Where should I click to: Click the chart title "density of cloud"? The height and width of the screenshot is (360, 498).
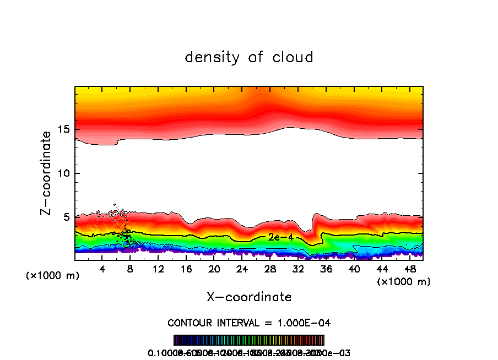point(249,57)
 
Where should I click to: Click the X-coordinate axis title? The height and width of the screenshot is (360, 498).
point(249,297)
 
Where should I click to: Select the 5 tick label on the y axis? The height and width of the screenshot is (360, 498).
point(67,217)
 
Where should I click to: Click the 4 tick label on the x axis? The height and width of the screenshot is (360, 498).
point(102,269)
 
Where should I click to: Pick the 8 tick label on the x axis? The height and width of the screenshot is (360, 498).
point(131,269)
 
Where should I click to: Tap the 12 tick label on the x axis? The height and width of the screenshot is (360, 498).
point(159,269)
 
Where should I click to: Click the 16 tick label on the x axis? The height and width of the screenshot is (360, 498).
point(186,269)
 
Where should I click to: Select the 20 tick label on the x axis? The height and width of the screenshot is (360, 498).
point(214,269)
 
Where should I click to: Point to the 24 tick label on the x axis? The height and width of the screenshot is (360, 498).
point(242,269)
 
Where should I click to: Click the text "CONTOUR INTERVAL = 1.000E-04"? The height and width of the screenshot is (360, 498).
point(249,323)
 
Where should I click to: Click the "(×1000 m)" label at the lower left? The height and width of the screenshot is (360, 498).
point(53,276)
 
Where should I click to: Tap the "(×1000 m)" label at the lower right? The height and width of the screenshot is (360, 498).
point(404,282)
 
